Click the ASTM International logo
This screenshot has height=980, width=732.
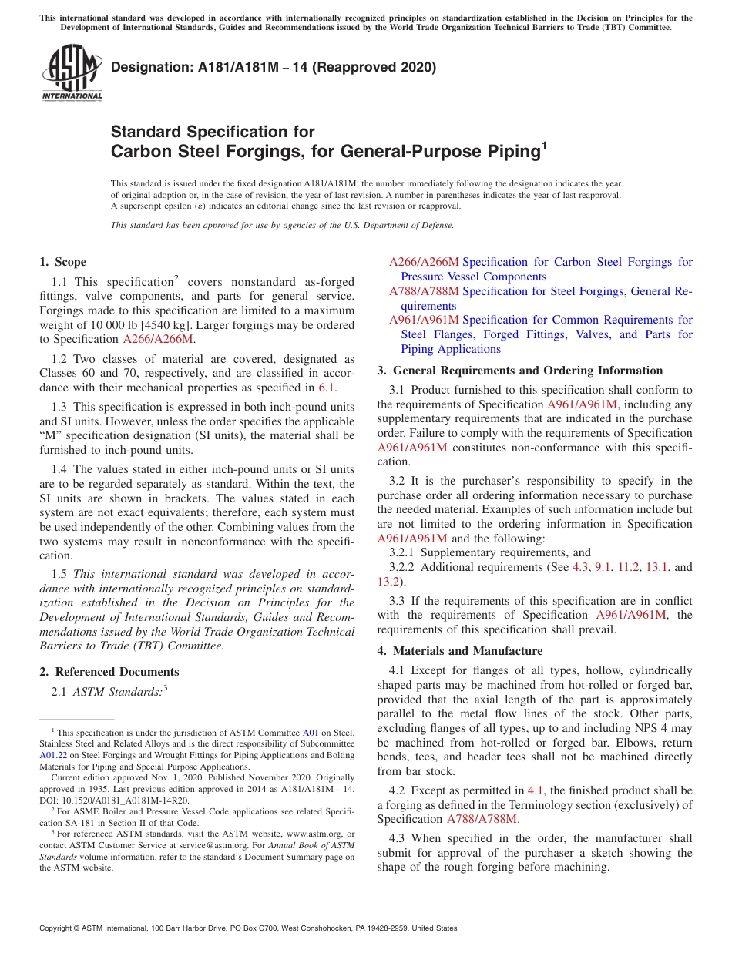point(72,72)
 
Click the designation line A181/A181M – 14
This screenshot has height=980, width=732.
point(274,67)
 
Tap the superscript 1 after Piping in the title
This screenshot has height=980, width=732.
point(543,144)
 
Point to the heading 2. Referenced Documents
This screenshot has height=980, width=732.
point(109,672)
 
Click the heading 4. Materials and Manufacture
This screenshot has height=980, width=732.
point(460,651)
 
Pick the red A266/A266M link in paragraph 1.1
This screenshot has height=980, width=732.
point(158,339)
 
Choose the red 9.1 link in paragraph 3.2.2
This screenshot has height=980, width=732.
point(602,567)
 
